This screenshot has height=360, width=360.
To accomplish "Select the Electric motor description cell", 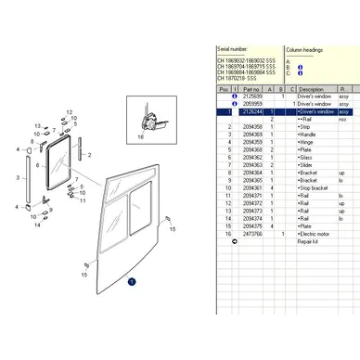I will [x=315, y=234].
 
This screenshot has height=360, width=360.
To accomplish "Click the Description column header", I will [x=311, y=89].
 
